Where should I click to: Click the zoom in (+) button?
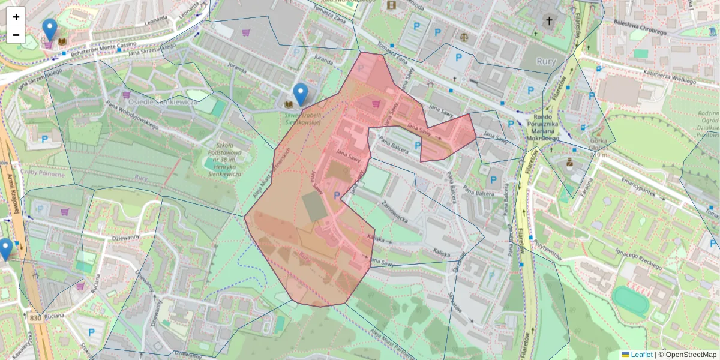coord(16,17)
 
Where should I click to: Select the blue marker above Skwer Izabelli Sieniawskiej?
coord(301,95)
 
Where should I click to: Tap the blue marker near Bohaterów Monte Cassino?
coord(50,30)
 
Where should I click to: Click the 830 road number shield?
coord(36,319)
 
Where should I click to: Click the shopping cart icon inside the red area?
coord(376,104)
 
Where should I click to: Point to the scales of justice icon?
coord(464,37)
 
